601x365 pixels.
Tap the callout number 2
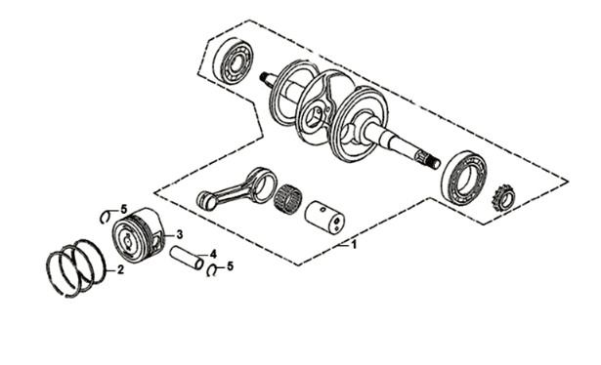tap(119, 269)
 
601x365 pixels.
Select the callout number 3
tap(180, 234)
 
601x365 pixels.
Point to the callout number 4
tap(212, 254)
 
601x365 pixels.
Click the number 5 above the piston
tap(124, 209)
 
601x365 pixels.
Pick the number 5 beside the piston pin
tap(230, 265)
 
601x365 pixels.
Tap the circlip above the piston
tap(109, 218)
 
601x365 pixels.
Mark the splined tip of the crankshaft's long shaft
tap(426, 157)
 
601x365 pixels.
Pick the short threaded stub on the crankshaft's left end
tap(267, 78)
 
